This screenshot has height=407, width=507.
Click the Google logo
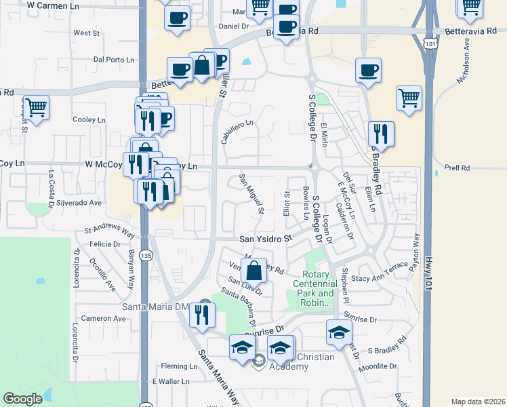click(23, 399)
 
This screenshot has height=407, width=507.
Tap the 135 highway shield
click(146, 255)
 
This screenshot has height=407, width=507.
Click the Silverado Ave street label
click(79, 202)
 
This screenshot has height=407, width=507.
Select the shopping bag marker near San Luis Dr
click(254, 272)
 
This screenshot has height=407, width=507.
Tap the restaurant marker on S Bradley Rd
click(380, 133)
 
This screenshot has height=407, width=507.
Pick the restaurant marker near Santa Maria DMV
click(202, 315)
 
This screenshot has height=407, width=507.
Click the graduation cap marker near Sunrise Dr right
click(340, 332)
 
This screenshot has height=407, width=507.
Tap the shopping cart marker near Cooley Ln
click(36, 107)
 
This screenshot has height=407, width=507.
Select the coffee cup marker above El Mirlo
click(369, 70)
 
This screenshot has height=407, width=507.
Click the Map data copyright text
click(478, 402)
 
